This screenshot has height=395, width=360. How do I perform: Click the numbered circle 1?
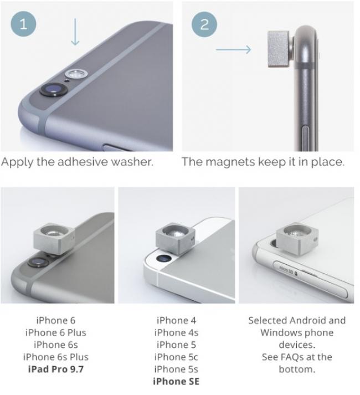click(x=23, y=24)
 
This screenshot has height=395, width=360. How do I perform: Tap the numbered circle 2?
click(x=204, y=24)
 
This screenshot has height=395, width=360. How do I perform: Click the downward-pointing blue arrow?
click(x=75, y=32)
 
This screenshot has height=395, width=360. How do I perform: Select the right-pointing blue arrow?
click(x=234, y=49)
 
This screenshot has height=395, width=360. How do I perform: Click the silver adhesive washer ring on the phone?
click(x=76, y=74)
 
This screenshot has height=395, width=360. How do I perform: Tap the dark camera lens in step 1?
click(x=54, y=89)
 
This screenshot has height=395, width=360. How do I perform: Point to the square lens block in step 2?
click(x=279, y=49)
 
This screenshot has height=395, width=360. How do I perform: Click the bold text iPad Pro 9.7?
click(x=56, y=369)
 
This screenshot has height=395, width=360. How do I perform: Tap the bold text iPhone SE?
click(x=176, y=381)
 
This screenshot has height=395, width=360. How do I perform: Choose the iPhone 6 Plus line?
click(x=56, y=332)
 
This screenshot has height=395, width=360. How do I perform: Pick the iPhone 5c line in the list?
click(x=176, y=357)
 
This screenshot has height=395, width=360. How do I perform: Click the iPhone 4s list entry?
click(x=176, y=332)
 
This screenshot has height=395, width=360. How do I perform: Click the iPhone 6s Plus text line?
click(x=56, y=357)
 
